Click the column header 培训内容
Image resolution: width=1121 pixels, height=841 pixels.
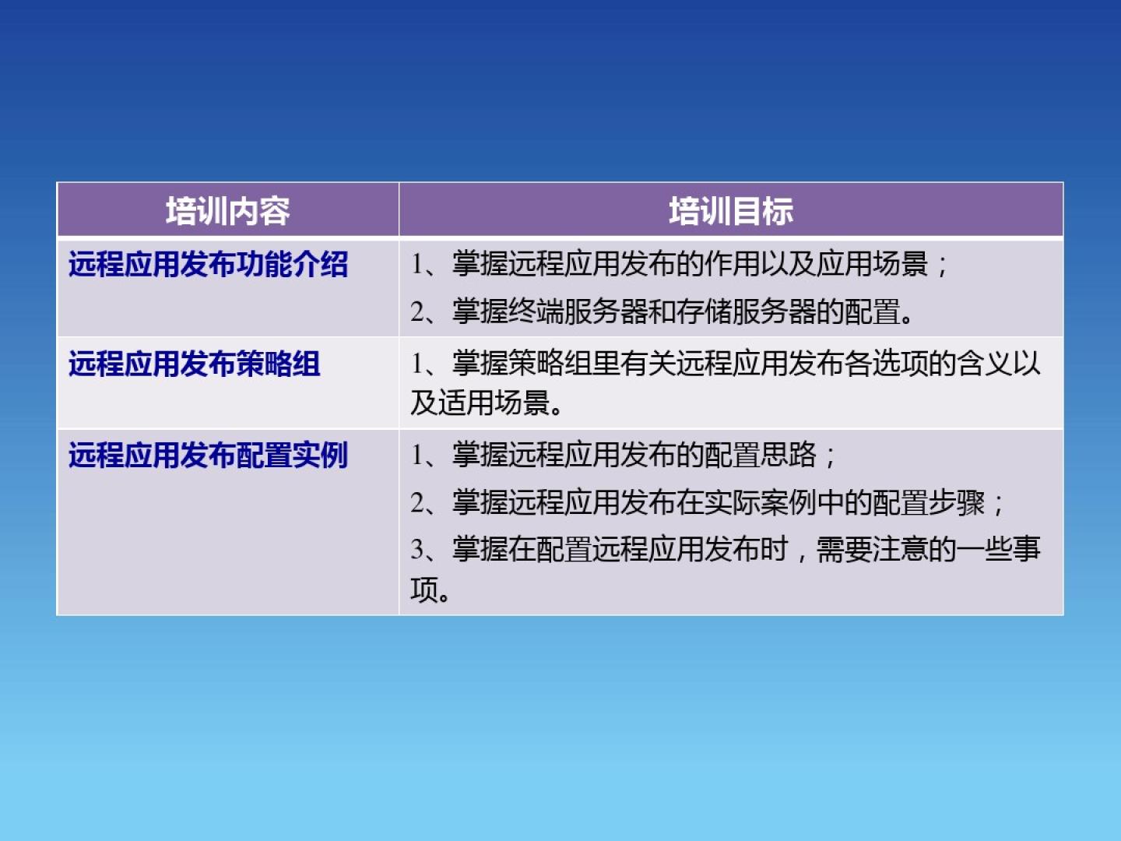tap(228, 211)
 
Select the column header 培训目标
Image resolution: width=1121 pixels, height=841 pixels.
tap(731, 211)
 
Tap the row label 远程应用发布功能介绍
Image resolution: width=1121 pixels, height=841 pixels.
tap(209, 264)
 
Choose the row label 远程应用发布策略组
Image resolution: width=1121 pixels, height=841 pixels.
tap(195, 364)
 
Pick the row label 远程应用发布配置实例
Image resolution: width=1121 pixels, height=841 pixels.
tap(209, 455)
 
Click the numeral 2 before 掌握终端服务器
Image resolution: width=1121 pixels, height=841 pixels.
tap(417, 311)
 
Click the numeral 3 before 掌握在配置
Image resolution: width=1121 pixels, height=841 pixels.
tap(417, 550)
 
